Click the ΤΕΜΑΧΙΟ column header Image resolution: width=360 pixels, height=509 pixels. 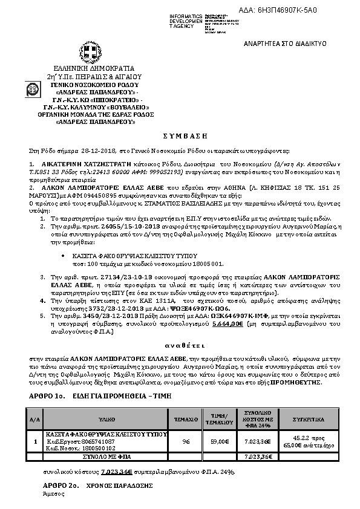186,418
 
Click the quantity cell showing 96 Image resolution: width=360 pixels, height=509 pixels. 186,441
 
